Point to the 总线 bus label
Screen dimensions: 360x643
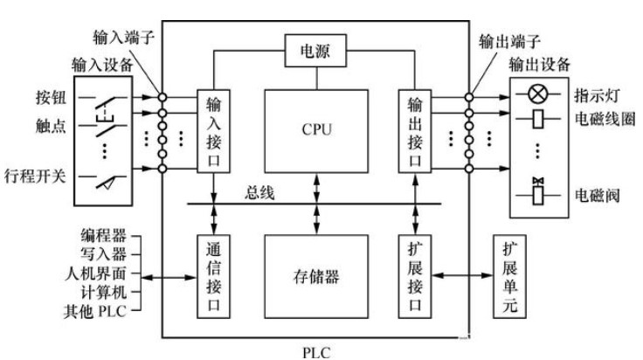point(259,194)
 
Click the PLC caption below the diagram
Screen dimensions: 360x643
point(315,350)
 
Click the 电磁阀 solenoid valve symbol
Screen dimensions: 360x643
point(539,191)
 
